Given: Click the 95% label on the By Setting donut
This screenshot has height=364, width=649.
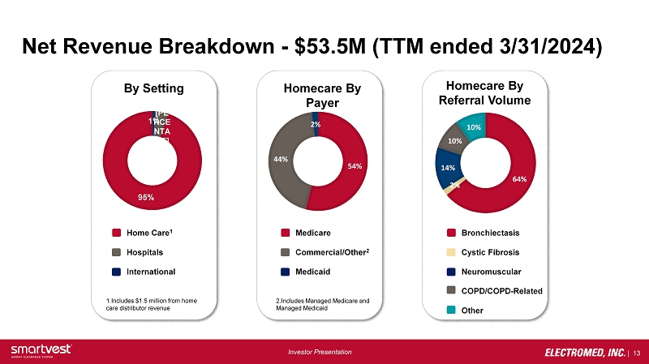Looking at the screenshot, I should pos(146,197).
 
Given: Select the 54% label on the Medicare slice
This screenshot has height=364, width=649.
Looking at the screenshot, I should pos(355,166).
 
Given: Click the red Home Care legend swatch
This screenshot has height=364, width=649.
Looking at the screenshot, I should pos(116,233).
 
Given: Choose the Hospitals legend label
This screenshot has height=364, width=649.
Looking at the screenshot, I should pos(147,252).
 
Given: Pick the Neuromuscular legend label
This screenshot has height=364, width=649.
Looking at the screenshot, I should pos(492,271).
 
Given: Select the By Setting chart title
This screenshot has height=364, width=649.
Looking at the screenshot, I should pos(153,88).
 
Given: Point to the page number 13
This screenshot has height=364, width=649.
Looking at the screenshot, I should pos(636,352).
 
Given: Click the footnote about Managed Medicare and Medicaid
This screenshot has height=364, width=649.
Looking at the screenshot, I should pos(322,305).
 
